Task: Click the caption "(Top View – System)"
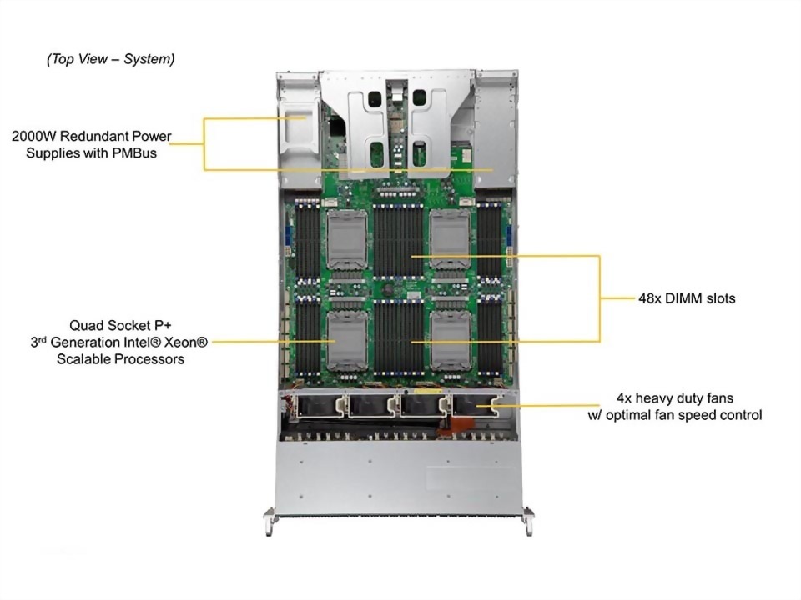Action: click(110, 59)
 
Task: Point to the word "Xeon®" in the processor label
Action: click(184, 342)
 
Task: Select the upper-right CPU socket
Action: click(451, 239)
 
